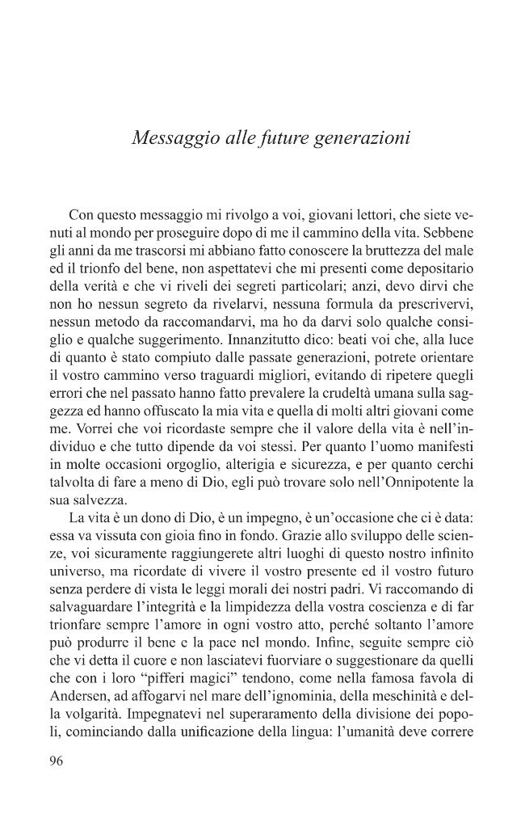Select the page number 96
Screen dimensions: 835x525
point(57,760)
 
